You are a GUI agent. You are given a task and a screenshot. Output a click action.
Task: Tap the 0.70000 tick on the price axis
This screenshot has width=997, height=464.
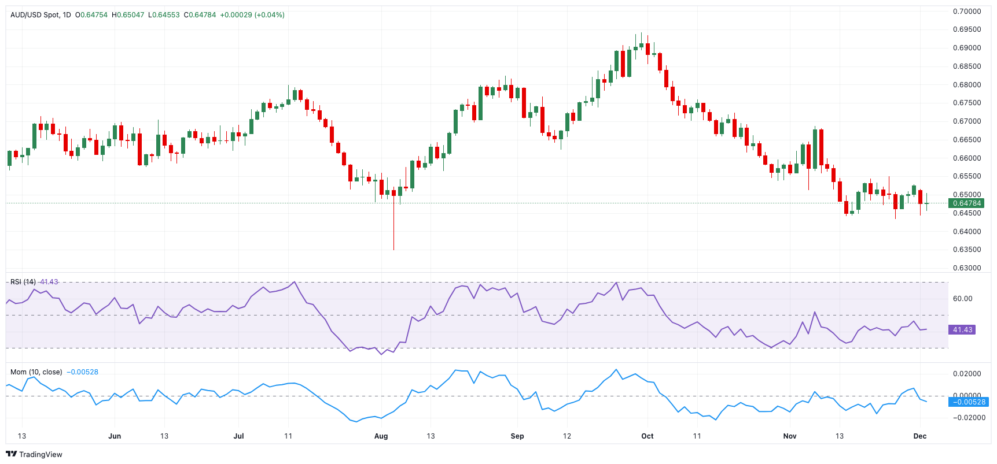tap(967, 12)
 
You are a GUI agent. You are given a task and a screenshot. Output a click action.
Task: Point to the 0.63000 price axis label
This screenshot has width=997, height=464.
tap(967, 268)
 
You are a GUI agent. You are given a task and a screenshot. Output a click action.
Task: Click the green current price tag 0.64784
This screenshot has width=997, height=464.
tap(967, 203)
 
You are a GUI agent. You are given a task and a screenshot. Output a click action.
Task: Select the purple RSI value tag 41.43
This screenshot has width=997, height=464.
tap(962, 330)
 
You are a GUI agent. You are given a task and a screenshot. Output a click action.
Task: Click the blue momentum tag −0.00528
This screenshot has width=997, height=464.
tap(968, 402)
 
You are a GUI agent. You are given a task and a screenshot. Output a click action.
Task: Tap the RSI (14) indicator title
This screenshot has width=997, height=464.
tap(23, 282)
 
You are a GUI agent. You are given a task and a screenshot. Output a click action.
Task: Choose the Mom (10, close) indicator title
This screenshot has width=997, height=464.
tap(36, 372)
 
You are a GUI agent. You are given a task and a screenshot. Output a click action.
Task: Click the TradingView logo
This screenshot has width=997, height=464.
tap(34, 455)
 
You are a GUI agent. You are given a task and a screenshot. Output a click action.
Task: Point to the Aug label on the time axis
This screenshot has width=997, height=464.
tap(381, 436)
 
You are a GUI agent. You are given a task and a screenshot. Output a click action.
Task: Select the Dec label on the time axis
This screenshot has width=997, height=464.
tap(919, 436)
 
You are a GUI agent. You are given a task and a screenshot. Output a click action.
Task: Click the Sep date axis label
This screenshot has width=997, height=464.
tap(517, 436)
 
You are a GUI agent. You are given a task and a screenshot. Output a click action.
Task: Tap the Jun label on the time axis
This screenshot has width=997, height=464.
tap(115, 436)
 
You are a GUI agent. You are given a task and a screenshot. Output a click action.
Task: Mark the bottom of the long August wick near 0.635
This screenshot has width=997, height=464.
tap(394, 250)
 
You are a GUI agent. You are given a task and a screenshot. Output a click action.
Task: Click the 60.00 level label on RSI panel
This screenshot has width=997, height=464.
tap(962, 299)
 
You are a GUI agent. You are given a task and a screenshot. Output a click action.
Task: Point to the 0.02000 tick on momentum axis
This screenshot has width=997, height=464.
tap(967, 374)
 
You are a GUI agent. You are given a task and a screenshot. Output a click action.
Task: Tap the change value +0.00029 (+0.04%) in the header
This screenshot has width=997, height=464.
tap(252, 15)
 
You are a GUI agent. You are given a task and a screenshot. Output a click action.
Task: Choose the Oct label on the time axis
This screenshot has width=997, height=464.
tap(648, 436)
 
